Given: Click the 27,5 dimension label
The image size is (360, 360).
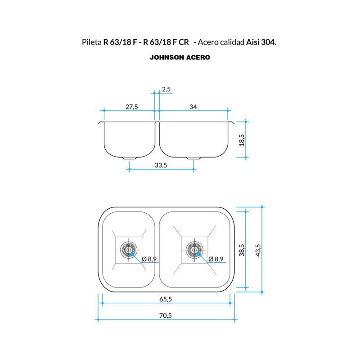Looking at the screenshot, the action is (131, 107).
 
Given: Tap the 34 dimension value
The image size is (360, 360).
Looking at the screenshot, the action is (193, 107).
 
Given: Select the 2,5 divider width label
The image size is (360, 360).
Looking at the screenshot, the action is (166, 89).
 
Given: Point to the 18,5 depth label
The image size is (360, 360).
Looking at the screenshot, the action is (242, 140).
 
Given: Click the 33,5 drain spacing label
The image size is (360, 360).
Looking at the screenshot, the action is (161, 165).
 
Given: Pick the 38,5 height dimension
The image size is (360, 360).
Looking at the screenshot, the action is (242, 250).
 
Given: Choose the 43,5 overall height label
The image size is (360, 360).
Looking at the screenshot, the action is (258, 250).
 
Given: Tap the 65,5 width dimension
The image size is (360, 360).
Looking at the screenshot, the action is (166, 299).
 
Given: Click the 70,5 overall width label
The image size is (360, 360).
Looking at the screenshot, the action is (166, 315).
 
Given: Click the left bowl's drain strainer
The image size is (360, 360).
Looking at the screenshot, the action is (129, 250).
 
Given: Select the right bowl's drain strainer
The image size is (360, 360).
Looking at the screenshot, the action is (194, 250).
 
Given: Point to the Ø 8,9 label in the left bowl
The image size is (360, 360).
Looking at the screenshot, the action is (149, 259).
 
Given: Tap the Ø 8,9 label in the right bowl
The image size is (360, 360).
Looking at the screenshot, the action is (216, 259).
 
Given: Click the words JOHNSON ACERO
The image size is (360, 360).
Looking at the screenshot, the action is (180, 58).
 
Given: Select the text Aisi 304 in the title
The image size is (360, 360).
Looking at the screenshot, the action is (261, 42).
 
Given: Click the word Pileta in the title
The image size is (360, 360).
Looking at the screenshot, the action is (92, 42).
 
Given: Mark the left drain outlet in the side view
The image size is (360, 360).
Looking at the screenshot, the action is (130, 158).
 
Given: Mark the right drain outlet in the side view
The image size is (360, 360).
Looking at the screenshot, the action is (194, 158).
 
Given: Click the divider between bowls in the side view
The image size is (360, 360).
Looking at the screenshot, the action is (157, 133).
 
